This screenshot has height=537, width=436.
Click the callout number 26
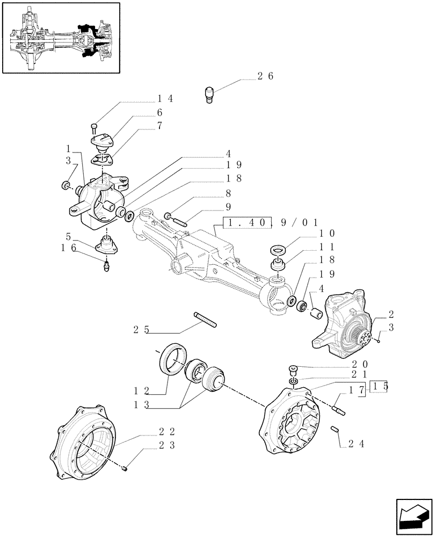(265, 76)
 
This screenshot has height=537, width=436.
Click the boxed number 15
(379, 388)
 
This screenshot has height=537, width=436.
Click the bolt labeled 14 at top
(95, 128)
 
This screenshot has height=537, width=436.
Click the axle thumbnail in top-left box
(60, 37)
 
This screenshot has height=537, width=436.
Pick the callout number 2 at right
(391, 315)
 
